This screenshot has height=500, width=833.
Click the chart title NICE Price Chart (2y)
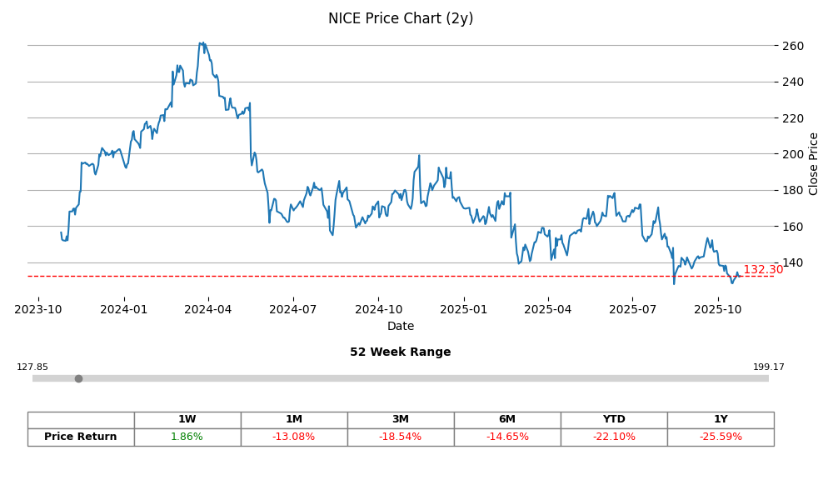pos(401,18)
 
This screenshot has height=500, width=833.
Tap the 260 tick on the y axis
pos(793,46)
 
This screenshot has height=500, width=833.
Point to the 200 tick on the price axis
pos(793,154)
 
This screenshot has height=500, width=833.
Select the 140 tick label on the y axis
pos(793,262)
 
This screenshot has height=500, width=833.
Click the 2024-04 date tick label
pos(208,309)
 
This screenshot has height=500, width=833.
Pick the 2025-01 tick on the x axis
pos(463,309)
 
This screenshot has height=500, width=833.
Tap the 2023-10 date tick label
pos(38,309)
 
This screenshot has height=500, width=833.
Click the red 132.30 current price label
pos(763,270)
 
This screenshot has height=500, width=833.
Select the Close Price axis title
pos(814,163)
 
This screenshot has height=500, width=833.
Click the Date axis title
pos(401,327)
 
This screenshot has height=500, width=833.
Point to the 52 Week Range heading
pos(401,352)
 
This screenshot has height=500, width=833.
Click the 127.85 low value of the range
pos(32,367)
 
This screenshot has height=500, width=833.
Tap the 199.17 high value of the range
pos(768,367)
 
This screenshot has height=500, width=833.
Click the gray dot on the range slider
pos(78,378)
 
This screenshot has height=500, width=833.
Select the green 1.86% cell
pos(187,437)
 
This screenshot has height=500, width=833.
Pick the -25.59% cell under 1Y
pos(721,437)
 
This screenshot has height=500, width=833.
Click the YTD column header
pos(614,420)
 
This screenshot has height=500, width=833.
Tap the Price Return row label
pos(81,437)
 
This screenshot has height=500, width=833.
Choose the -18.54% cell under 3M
pos(401,437)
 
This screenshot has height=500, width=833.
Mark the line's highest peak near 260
pos(201,43)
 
